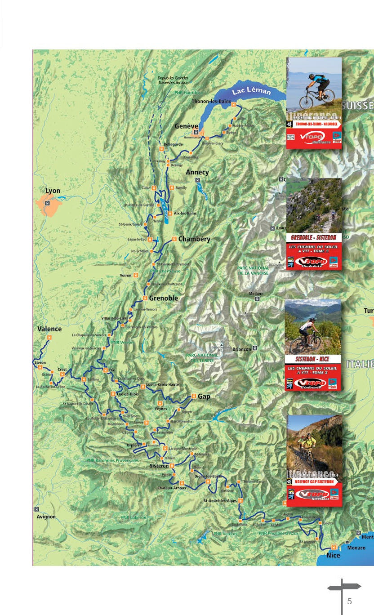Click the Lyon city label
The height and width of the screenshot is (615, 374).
[x=53, y=191]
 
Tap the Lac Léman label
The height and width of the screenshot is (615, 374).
[x=251, y=91]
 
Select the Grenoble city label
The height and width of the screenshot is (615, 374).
[x=164, y=298]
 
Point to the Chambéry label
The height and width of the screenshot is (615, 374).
[x=194, y=239]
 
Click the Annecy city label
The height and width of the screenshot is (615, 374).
[x=197, y=172]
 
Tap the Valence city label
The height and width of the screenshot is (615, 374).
[x=49, y=329]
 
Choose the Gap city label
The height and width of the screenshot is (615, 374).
[x=204, y=397]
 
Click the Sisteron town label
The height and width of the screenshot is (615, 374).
[x=159, y=466]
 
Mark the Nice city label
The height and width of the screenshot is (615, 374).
[x=334, y=555]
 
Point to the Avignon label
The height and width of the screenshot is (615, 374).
[x=46, y=517]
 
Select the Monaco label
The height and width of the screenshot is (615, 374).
[x=356, y=548]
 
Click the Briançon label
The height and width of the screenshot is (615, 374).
[x=242, y=349]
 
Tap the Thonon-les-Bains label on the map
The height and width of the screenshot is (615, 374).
[x=211, y=101]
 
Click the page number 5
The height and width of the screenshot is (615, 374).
[x=349, y=602]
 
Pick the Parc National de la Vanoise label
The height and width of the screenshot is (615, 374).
[x=253, y=270]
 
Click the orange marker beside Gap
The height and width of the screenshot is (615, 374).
[x=194, y=396]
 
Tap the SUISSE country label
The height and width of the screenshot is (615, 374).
[x=358, y=106]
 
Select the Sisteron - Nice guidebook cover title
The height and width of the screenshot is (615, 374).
[x=313, y=359]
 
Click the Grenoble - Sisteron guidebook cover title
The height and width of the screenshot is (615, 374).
[x=314, y=238]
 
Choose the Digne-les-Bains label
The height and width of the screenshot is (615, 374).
[x=208, y=476]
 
